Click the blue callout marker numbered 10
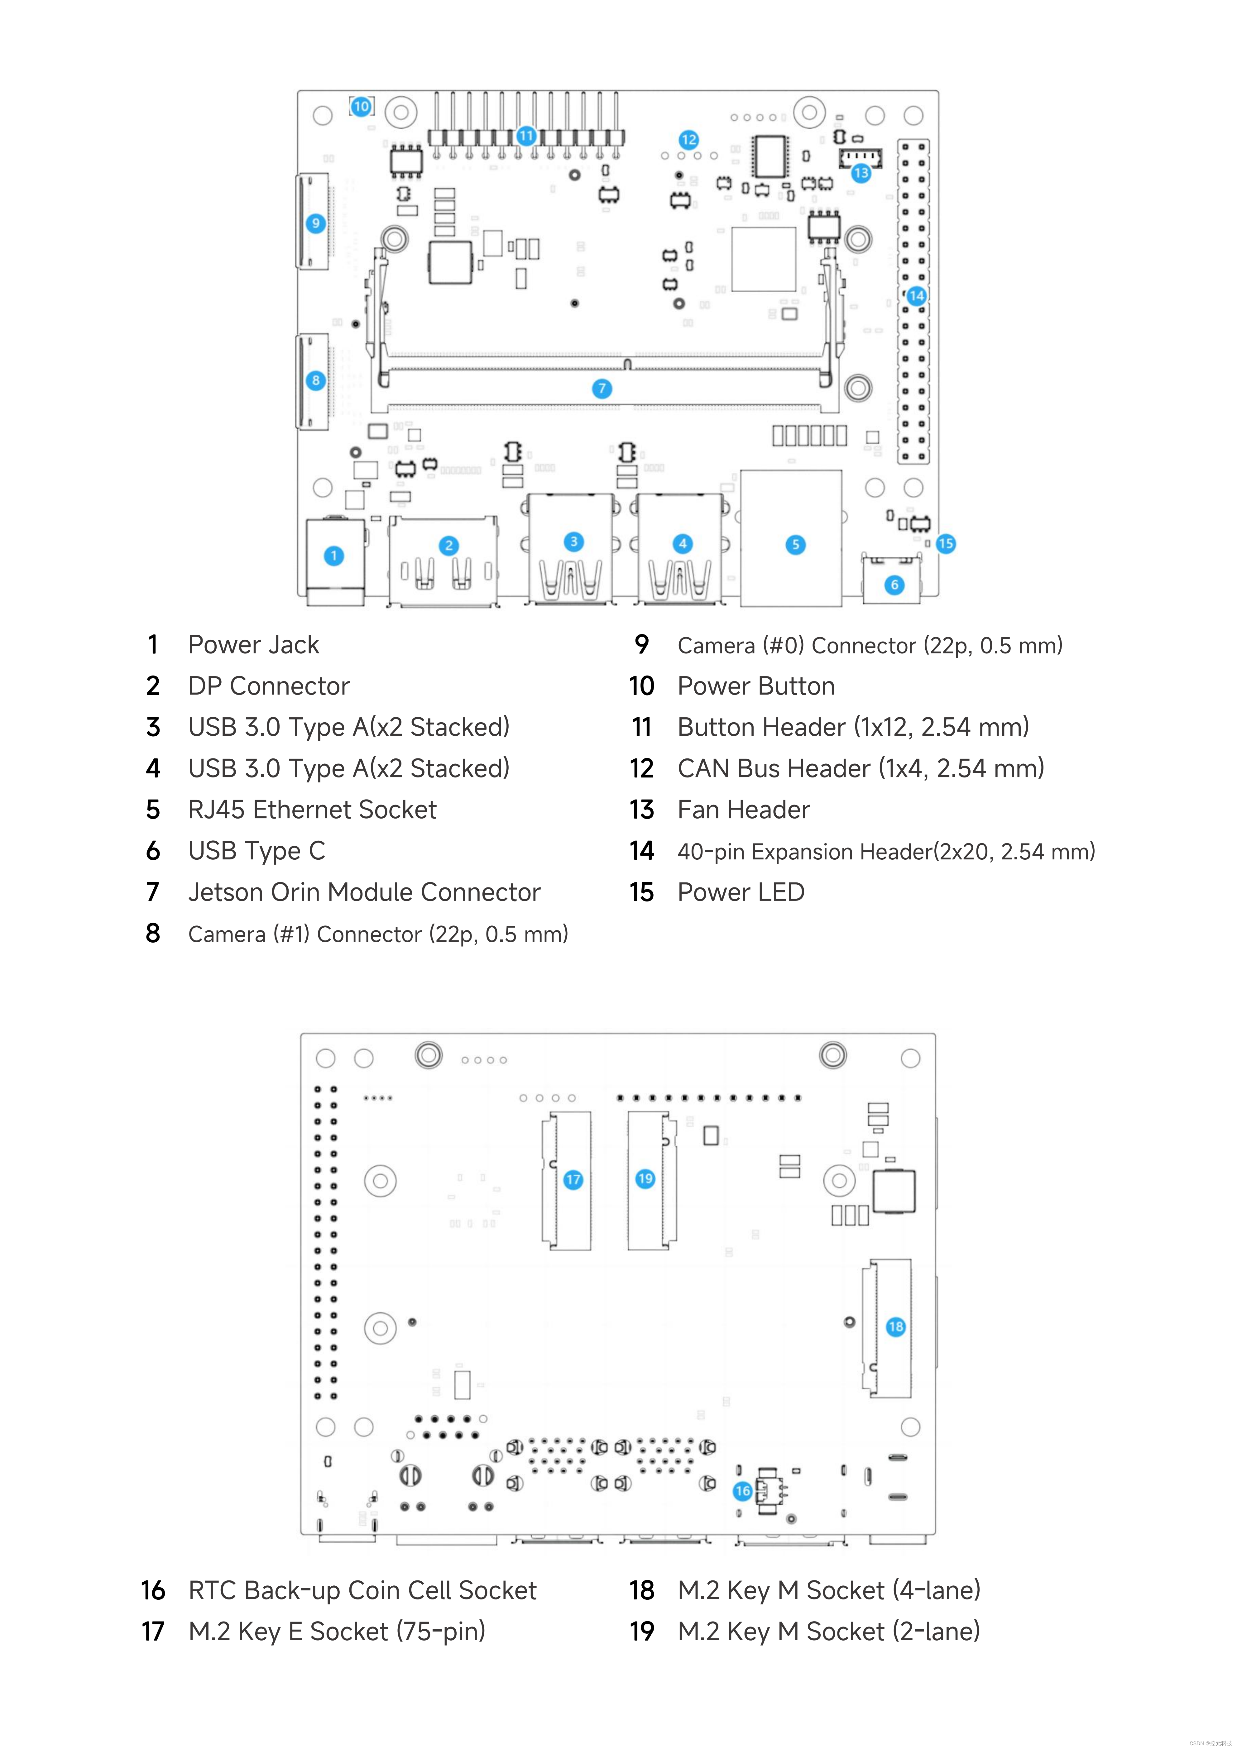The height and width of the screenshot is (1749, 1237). click(361, 107)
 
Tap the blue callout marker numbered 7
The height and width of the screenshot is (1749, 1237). click(602, 389)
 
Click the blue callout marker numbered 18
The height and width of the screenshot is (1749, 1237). click(896, 1326)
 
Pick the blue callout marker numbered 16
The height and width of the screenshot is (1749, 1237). click(743, 1491)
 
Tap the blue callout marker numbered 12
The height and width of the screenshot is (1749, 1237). click(688, 139)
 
